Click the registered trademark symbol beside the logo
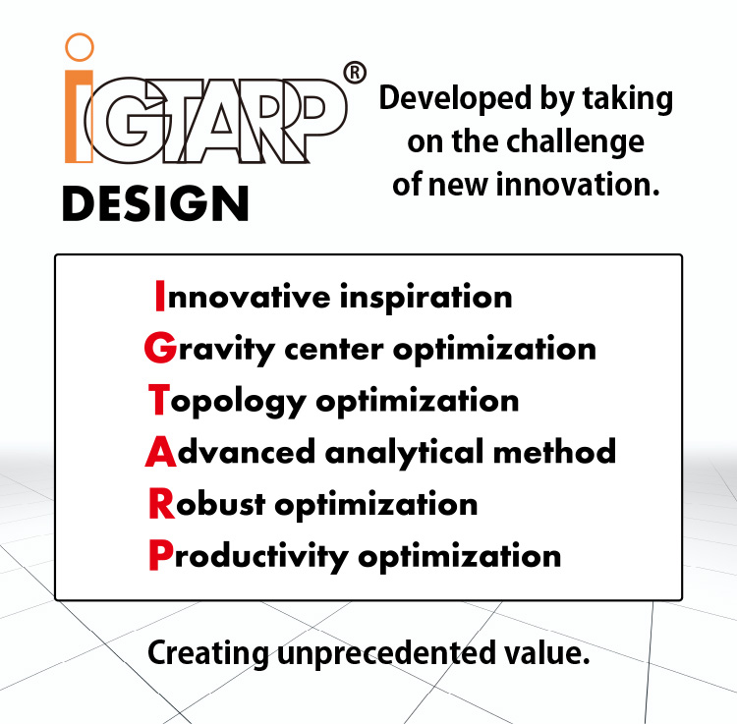[357, 72]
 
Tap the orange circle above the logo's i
[79, 46]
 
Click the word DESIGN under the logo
[155, 203]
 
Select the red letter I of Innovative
[160, 296]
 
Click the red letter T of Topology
[157, 400]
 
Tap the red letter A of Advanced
[159, 452]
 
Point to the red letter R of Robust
[159, 504]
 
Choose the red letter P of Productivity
[159, 556]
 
